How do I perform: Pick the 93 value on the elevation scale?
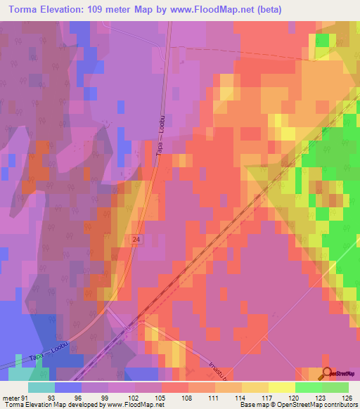coord(52,396)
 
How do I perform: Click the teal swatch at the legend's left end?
coord(41,387)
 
